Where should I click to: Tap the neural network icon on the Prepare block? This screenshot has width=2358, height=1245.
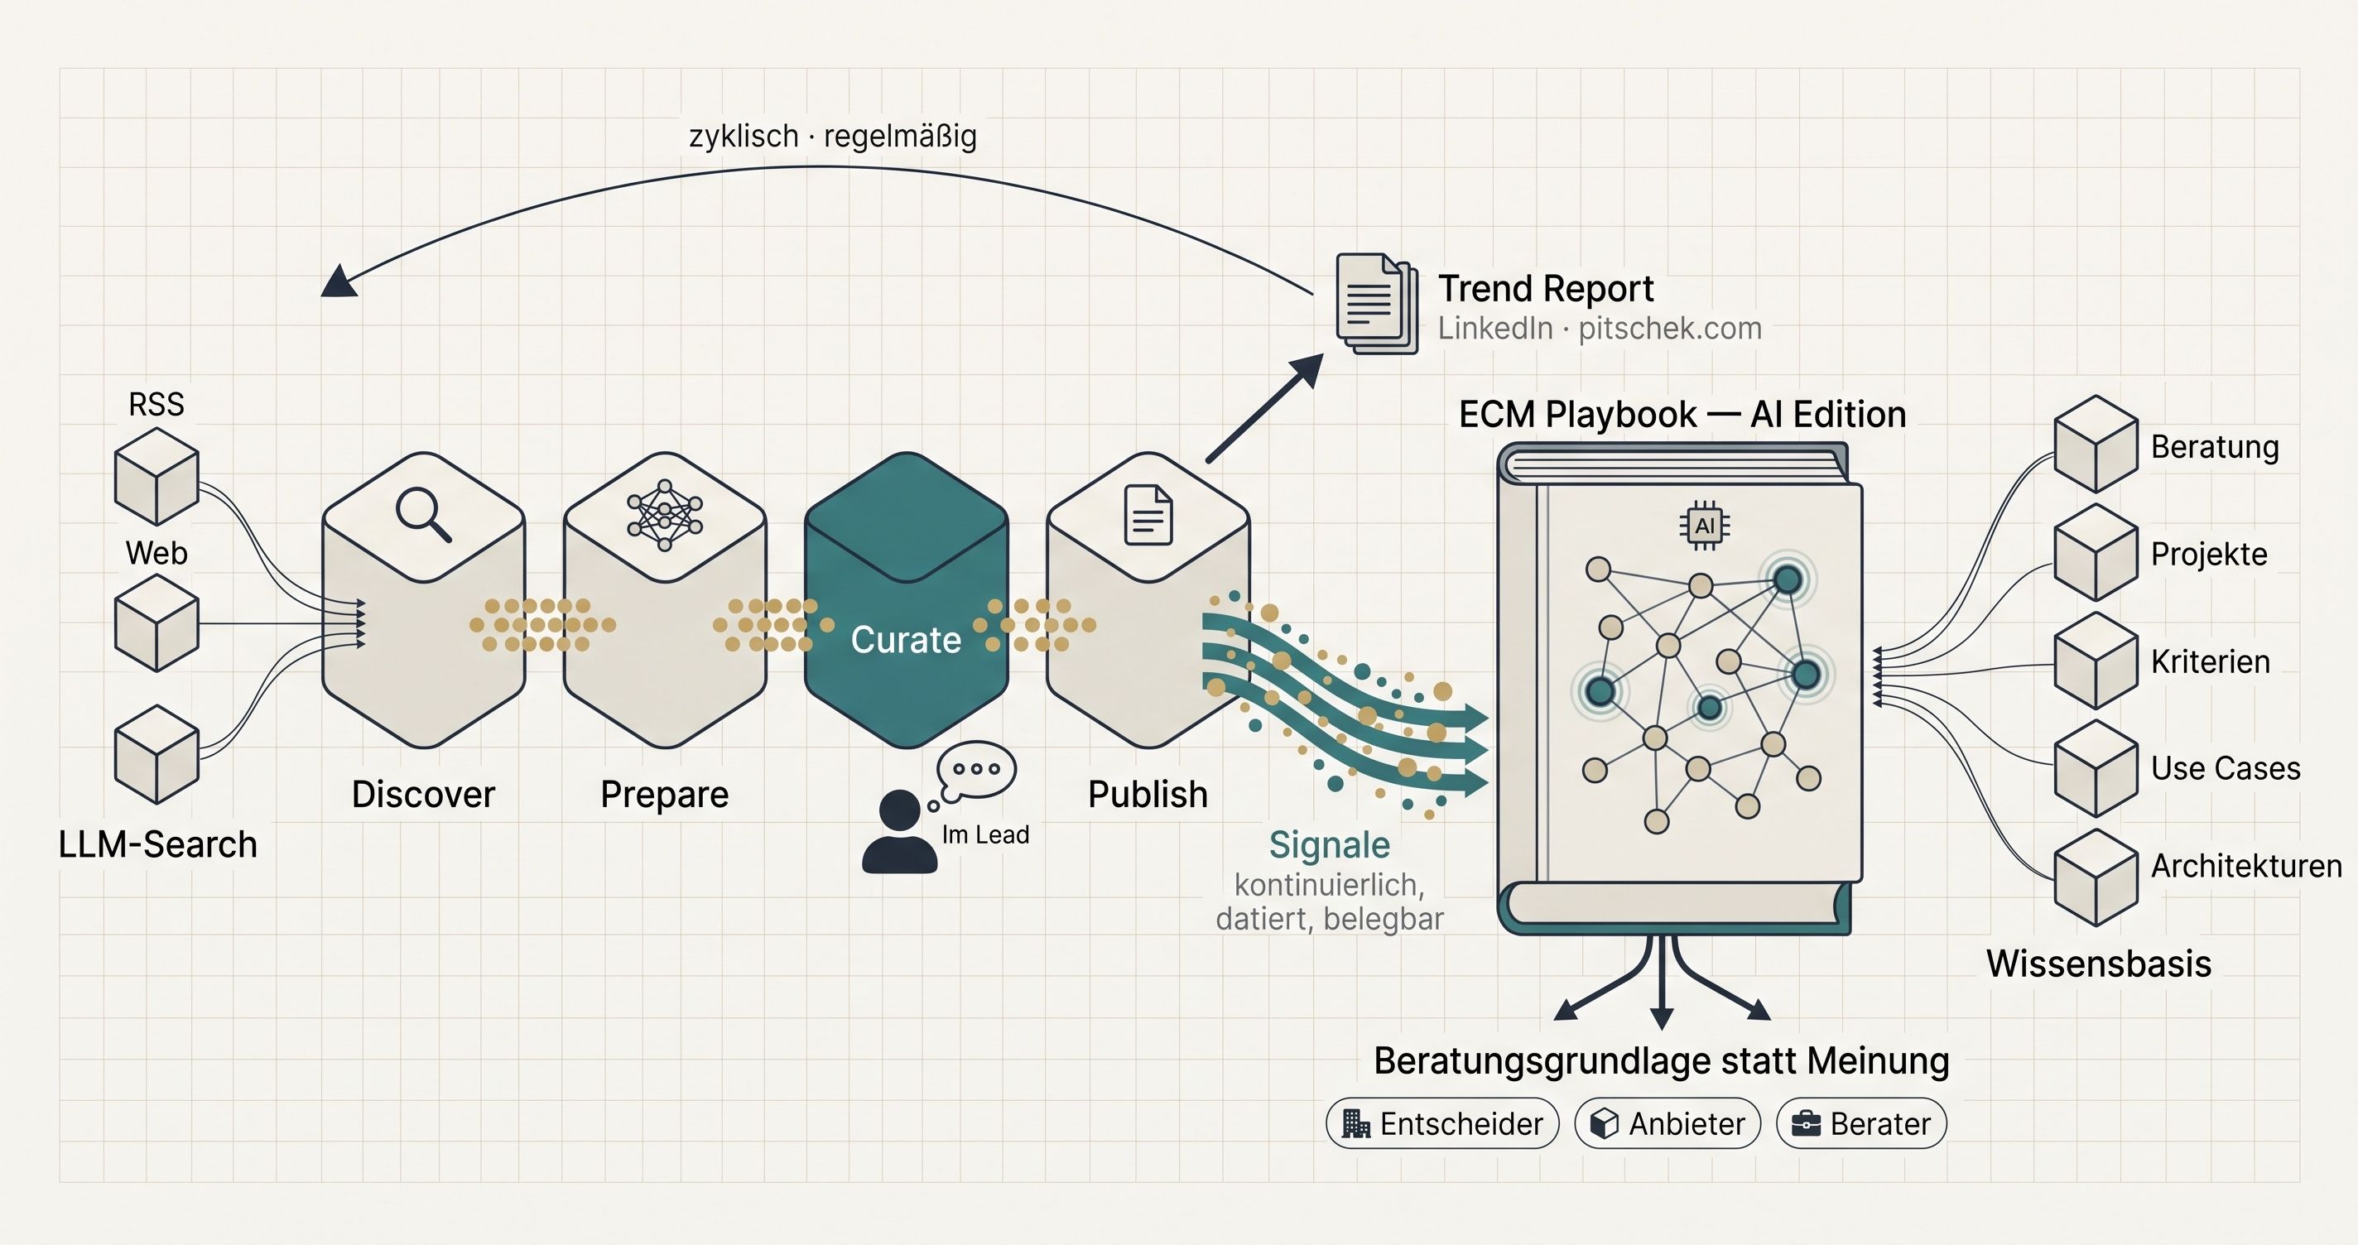665,516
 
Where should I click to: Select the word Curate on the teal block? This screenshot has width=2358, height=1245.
905,640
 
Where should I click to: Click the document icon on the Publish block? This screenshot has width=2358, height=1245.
1148,515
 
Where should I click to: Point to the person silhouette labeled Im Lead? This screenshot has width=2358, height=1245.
899,833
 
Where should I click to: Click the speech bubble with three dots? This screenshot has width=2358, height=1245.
977,769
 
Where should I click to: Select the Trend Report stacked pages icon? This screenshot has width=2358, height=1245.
1377,303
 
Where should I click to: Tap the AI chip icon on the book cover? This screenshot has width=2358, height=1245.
1704,526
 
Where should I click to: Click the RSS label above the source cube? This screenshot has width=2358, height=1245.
156,404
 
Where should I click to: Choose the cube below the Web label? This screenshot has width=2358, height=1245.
156,622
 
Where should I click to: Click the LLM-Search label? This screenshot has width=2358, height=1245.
157,844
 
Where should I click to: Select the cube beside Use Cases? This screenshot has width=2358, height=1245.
2096,768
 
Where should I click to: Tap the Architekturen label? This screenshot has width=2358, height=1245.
2245,865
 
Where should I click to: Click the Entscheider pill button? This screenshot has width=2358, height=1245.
1441,1123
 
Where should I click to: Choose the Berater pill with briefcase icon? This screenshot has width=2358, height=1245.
1861,1123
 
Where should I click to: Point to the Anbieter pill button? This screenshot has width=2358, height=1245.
1667,1123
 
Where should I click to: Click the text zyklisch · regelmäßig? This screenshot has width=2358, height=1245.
832,137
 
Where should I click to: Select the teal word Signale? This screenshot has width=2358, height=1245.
1329,844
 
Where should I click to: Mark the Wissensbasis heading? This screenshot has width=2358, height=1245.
2098,963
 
